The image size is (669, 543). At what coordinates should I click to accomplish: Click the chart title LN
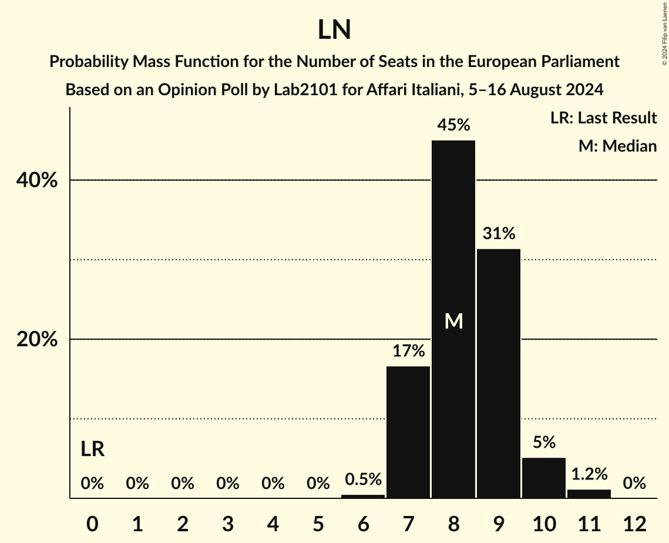point(334,30)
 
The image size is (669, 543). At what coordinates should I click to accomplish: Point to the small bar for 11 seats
point(589,494)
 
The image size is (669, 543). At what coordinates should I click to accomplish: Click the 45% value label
point(453,125)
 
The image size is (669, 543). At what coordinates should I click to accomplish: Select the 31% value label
point(499,233)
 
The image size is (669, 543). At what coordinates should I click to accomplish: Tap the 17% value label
point(408,351)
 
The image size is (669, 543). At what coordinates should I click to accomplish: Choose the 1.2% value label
point(589,474)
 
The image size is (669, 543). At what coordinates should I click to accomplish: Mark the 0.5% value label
point(363,480)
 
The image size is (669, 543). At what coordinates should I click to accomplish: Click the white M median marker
point(453,321)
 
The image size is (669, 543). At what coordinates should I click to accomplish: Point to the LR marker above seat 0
point(92,450)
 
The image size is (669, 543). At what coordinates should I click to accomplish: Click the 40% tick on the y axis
point(36,180)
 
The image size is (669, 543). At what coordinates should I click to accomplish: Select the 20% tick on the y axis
point(36,340)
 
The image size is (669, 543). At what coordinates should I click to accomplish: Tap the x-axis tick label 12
point(634,523)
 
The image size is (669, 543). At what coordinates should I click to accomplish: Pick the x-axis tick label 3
point(228,523)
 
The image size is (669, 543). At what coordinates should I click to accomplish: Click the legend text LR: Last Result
point(603,118)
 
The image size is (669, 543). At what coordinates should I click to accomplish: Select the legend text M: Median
point(617,146)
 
